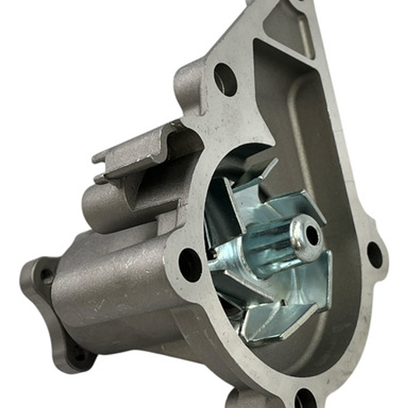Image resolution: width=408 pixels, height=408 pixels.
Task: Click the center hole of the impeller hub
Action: click(312, 235)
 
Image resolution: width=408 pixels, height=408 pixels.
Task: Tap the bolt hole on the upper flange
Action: click(225, 79)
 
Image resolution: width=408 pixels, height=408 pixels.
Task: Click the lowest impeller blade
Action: click(272, 321)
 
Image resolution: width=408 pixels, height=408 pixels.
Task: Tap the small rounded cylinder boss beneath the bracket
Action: click(102, 204)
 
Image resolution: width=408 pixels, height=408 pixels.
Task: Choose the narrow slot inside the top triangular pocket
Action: click(306, 38)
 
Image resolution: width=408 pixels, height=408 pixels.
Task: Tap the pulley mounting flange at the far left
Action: click(42, 303)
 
